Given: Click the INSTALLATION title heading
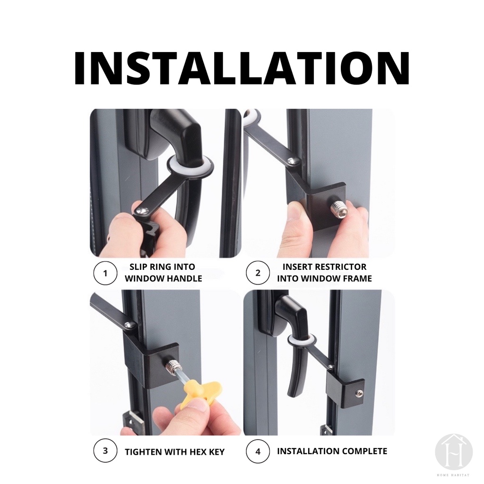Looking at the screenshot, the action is tap(242, 68).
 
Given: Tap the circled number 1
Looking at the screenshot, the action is tap(105, 273).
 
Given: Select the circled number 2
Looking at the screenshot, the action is tap(258, 273).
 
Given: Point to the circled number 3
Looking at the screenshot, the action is tap(105, 450).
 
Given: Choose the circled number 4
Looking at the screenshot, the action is tap(258, 451).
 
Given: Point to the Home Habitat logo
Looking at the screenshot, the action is tap(454, 452).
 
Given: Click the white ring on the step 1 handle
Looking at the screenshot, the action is tap(190, 167).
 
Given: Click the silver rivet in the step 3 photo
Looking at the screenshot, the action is tap(130, 324).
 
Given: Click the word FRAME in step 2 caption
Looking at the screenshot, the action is tap(356, 278).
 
